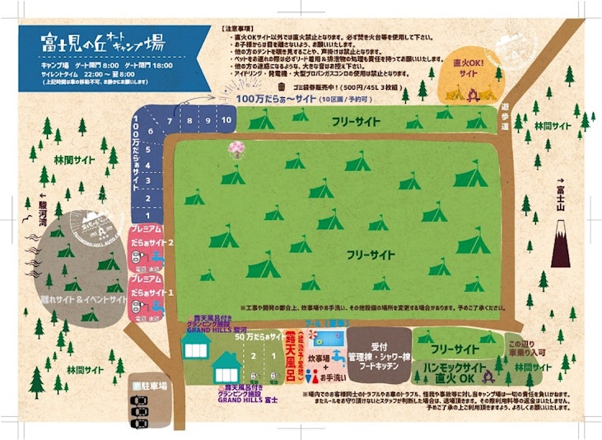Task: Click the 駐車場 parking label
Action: coord(150,385)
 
